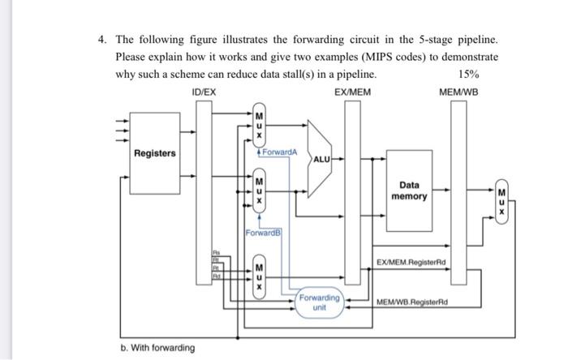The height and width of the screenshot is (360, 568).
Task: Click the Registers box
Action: point(155,154)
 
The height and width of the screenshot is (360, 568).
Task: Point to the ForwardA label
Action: point(280,152)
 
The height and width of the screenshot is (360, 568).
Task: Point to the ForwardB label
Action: point(261,233)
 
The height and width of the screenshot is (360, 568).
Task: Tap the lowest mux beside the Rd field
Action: point(259,276)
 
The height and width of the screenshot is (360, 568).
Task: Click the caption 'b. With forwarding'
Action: point(158,348)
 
